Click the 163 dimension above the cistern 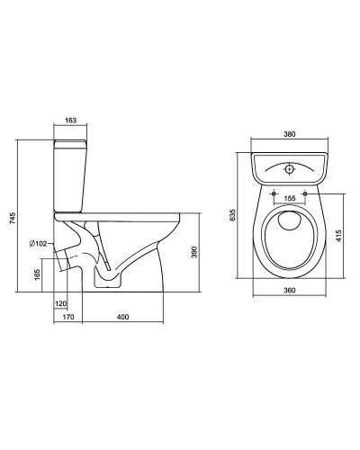[70, 121]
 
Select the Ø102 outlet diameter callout [39, 244]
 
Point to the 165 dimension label [37, 274]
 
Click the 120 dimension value [61, 304]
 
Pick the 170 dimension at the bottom [68, 317]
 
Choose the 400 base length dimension [122, 317]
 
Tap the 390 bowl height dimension [194, 252]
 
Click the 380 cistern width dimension [290, 134]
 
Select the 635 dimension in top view [232, 215]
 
